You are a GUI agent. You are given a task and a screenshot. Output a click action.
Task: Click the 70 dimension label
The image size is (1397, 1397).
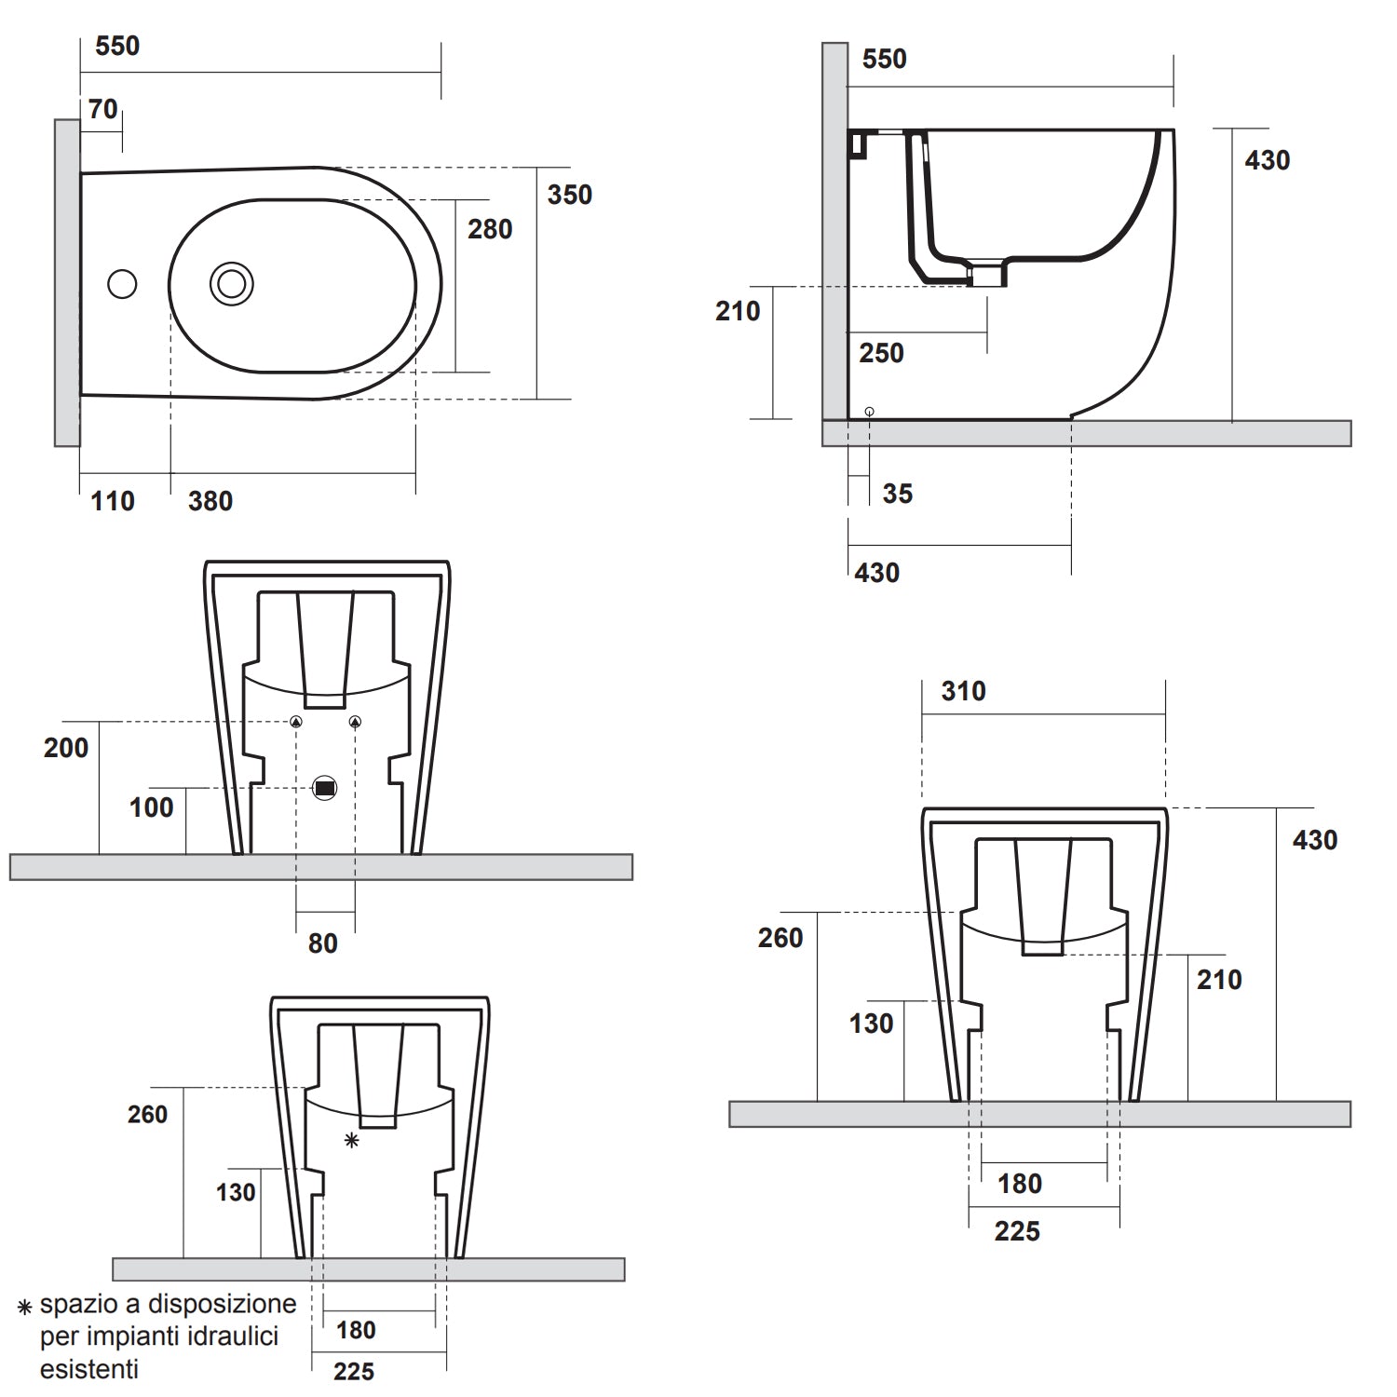[102, 110]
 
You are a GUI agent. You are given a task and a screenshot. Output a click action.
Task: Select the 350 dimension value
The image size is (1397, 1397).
[569, 196]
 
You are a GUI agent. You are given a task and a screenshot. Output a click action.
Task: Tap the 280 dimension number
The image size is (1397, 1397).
[490, 230]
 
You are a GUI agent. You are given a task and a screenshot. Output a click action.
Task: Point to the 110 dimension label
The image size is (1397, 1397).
[113, 502]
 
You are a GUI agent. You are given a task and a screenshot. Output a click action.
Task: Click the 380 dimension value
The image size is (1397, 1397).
[210, 502]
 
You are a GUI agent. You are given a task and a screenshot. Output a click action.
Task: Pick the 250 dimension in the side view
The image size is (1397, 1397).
[881, 354]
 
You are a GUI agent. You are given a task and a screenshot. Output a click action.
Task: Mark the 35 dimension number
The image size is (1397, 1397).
[897, 495]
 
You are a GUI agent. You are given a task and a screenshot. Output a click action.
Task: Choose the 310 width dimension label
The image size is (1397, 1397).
[963, 692]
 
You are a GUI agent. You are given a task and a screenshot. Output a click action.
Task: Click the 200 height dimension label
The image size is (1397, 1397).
[66, 748]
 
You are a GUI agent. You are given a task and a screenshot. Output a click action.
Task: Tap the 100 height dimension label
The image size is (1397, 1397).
[151, 807]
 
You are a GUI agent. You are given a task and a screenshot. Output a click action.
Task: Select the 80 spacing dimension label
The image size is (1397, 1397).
[322, 943]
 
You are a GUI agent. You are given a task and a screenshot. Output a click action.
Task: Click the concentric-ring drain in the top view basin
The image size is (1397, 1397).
[231, 284]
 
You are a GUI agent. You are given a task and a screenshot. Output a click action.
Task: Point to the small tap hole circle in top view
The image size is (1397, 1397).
[122, 284]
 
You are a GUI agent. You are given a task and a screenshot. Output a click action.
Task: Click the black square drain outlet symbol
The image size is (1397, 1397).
[324, 788]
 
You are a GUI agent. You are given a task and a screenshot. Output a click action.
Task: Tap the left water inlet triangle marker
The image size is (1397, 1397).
[296, 722]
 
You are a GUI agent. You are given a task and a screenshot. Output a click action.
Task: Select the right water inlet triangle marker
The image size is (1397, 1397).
[355, 722]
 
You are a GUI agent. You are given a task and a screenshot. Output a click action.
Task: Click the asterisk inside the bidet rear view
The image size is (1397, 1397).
[351, 1140]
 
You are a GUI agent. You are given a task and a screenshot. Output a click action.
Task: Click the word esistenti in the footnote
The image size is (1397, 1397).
[88, 1369]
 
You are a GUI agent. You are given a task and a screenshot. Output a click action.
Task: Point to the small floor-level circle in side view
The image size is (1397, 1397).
[869, 411]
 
